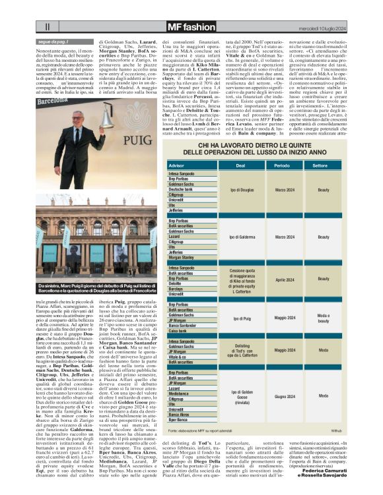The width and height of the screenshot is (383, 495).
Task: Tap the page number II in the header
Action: click(47, 27)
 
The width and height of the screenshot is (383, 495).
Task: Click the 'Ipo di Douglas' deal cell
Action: click(241, 189)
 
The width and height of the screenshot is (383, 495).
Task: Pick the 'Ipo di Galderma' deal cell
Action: click(241, 237)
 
